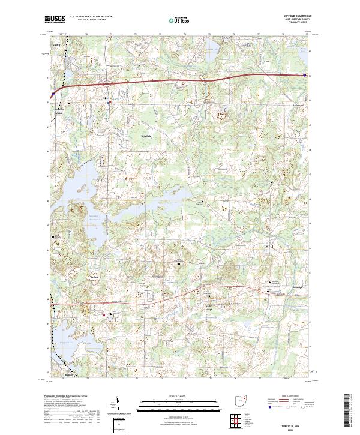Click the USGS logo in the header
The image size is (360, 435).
tap(55, 19)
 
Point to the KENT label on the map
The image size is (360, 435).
tap(57, 44)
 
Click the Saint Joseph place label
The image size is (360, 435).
tap(209, 309)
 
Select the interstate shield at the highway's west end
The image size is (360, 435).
tap(53, 94)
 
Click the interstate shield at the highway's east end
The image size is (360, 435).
tap(304, 75)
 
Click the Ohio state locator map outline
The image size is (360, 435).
tap(242, 400)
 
